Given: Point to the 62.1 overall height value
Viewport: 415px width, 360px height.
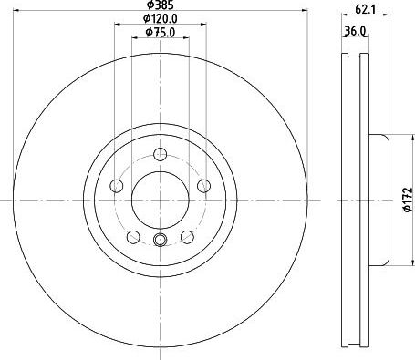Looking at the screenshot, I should click(x=365, y=11).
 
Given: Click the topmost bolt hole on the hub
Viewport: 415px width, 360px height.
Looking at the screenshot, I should click(x=160, y=153).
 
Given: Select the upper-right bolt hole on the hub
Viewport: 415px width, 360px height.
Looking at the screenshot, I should click(x=202, y=186).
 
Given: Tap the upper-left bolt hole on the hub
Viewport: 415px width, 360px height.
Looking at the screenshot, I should click(x=117, y=186).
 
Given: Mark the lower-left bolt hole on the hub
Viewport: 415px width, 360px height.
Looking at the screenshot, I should click(x=133, y=237).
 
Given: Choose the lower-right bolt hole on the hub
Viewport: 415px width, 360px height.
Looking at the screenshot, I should click(x=186, y=237).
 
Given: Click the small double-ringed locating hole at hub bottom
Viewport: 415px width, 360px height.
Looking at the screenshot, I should click(x=160, y=241).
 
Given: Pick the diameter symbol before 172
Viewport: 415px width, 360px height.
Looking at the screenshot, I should click(x=408, y=210).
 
